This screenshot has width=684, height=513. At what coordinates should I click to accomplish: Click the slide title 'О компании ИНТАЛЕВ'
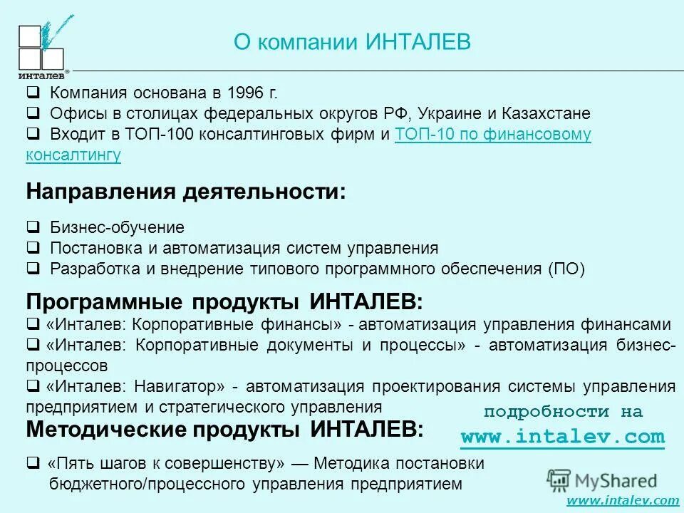tap(352, 41)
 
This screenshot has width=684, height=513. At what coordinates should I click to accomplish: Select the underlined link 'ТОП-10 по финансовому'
tap(492, 135)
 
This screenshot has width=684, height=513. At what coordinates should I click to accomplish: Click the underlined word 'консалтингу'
tap(73, 155)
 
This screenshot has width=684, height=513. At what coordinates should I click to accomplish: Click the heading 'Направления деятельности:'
tap(185, 192)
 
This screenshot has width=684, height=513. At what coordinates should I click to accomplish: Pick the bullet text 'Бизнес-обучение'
tap(117, 228)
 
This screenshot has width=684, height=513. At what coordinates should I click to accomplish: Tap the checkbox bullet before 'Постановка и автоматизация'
tap(33, 249)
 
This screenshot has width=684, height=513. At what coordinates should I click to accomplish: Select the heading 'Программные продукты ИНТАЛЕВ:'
tap(224, 301)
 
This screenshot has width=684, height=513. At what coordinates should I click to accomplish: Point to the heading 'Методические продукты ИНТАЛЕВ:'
tap(224, 430)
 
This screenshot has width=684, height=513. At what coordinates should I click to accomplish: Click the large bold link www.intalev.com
tap(562, 436)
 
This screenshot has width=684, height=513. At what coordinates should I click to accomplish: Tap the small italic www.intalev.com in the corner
tap(623, 501)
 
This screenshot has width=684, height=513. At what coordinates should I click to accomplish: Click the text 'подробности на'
tap(563, 412)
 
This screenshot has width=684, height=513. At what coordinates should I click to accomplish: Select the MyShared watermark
tap(603, 479)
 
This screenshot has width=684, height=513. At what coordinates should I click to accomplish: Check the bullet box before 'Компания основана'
tap(33, 93)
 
